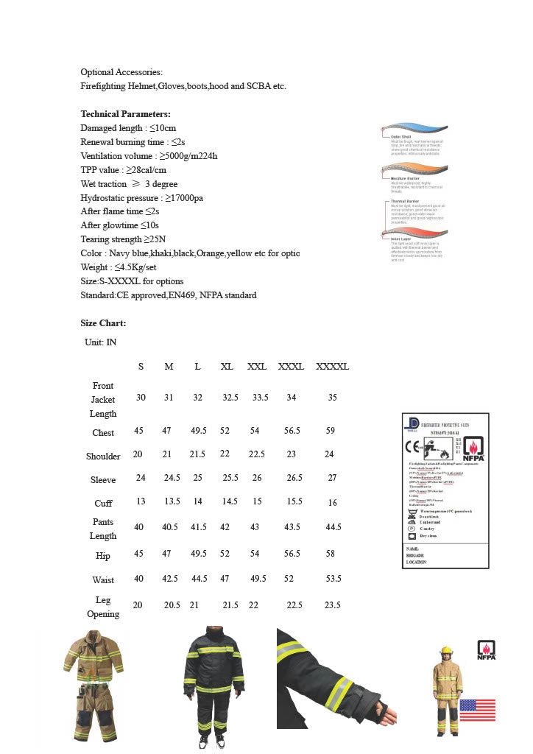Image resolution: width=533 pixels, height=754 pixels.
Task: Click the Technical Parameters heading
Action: pos(125,114)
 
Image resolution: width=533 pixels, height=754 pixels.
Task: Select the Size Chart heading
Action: pos(103,323)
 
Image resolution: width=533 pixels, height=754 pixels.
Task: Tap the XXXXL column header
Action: pos(332,367)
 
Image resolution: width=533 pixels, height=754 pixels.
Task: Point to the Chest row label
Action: pos(103,433)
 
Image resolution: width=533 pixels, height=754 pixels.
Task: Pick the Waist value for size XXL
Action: pos(258,579)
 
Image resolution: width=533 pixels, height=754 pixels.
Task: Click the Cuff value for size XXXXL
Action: pos(333,503)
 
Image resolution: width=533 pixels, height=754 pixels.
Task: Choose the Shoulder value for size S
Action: pos(138,454)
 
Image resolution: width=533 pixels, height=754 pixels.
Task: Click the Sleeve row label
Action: pos(103,480)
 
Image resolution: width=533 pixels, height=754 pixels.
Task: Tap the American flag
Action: pos(477,710)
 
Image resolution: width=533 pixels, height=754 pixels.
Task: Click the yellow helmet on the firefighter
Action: pos(445,651)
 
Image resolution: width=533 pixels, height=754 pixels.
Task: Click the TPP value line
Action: pos(123,170)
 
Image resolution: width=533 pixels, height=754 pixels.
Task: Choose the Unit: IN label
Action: pos(100,342)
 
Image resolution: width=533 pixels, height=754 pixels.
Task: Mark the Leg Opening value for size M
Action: pos(172,605)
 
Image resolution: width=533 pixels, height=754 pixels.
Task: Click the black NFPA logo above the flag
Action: pos(487,649)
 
